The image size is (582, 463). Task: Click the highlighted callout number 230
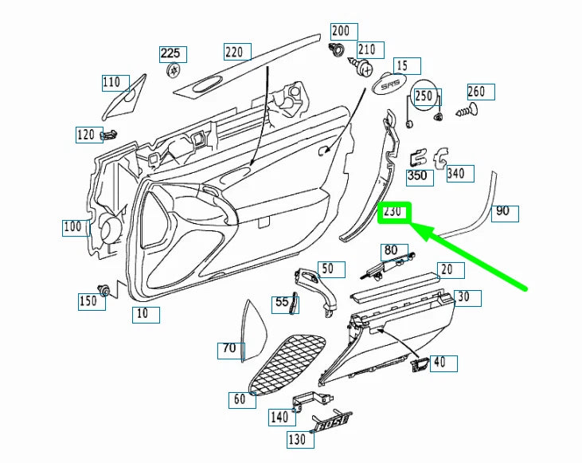point(394,213)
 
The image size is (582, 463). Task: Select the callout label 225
point(171,53)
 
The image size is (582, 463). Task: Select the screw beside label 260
point(467,111)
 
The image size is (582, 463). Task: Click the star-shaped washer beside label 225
point(173,70)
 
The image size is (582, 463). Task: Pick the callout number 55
point(283,303)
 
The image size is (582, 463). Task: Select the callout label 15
point(404,65)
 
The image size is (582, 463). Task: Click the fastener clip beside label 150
point(103,288)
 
